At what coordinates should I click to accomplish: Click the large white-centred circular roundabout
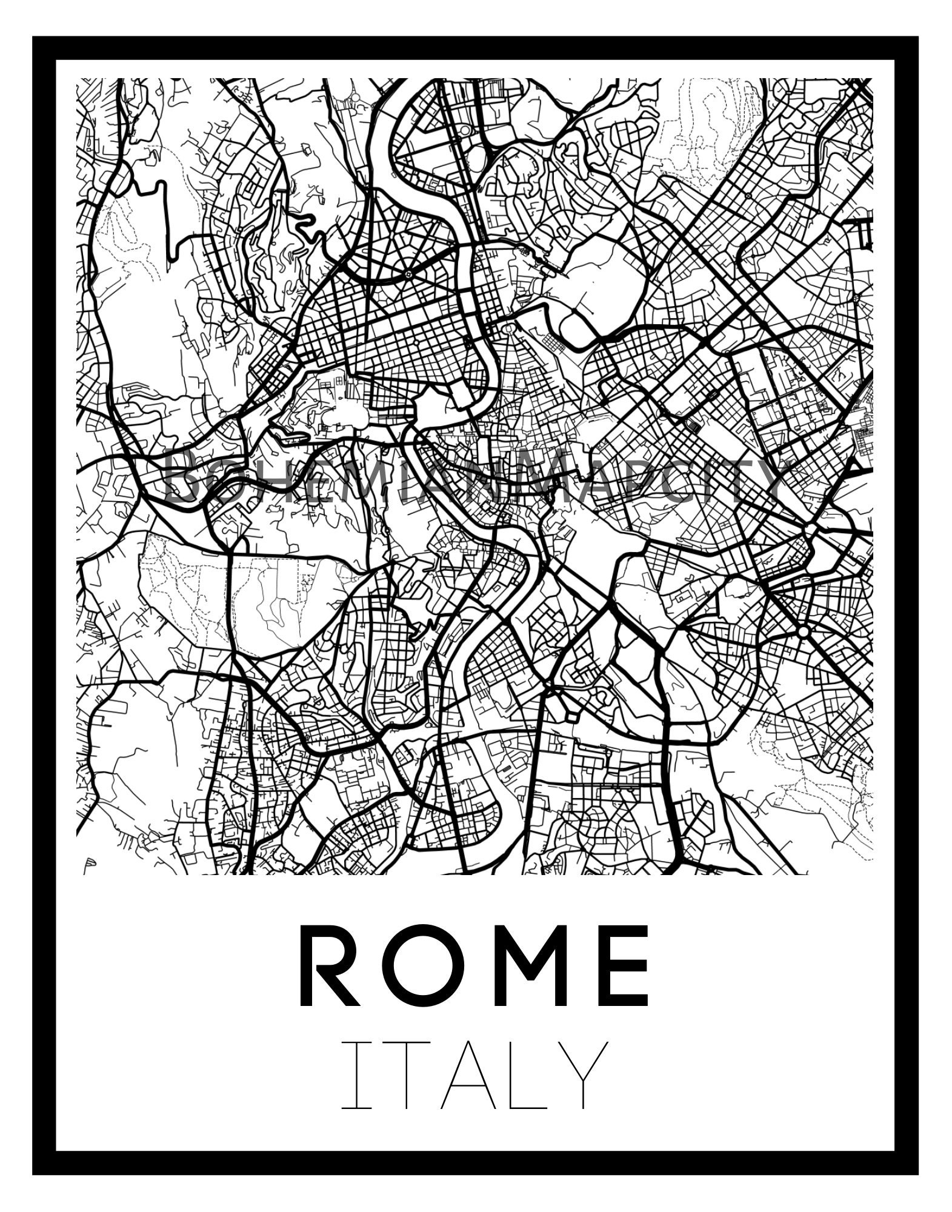click(803, 632)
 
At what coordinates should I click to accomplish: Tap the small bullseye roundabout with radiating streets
click(408, 275)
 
